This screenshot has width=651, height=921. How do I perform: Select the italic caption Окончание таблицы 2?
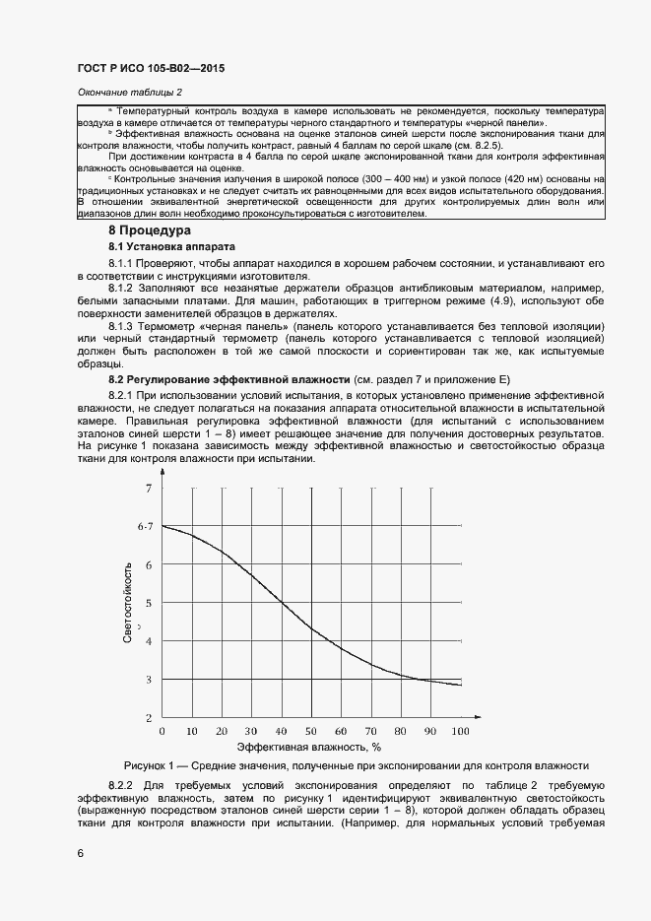pyautogui.click(x=130, y=93)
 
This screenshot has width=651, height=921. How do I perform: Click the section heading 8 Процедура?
pyautogui.click(x=150, y=230)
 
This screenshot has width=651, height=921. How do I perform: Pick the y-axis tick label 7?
pyautogui.click(x=149, y=488)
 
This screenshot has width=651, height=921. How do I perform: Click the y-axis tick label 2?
pyautogui.click(x=149, y=717)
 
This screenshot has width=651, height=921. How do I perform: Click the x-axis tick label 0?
pyautogui.click(x=162, y=732)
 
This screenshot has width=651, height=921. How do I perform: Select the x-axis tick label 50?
pyautogui.click(x=310, y=732)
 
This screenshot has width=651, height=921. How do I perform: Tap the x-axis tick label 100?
pyautogui.click(x=459, y=732)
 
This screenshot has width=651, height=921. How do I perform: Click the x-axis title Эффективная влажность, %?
pyautogui.click(x=307, y=749)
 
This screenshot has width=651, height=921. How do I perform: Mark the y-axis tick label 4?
pyautogui.click(x=149, y=641)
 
